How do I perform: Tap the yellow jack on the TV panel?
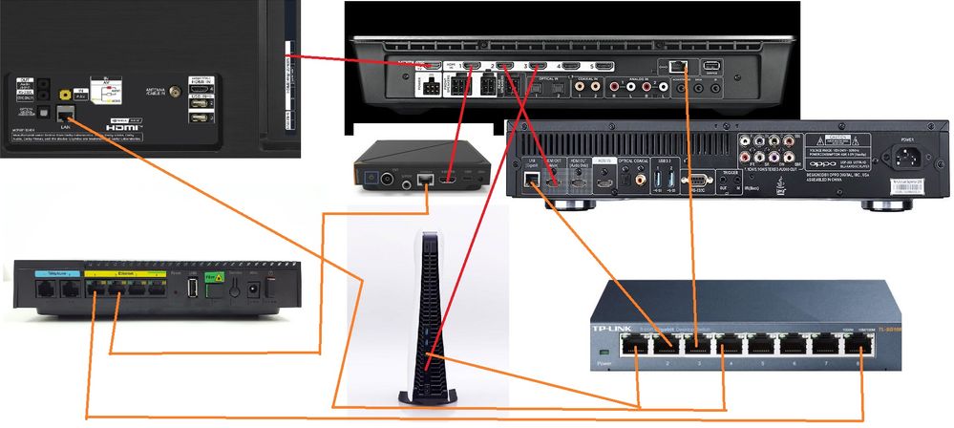click(64, 95)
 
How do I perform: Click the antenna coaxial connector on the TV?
click(176, 94)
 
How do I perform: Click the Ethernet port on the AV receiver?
click(677, 66)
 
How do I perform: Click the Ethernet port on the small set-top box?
click(426, 179)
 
